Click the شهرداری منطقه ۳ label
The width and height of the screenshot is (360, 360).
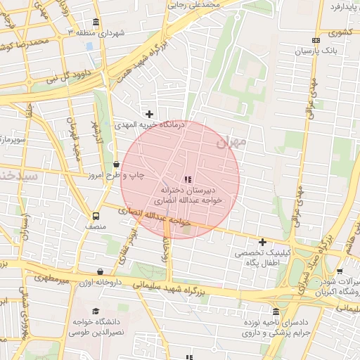(100, 32)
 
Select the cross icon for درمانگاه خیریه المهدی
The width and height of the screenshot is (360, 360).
(149, 114)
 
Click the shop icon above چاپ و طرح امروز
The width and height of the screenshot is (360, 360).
(115, 165)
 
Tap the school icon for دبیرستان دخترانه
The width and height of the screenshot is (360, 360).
(187, 179)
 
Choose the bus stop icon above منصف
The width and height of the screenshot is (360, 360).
(95, 216)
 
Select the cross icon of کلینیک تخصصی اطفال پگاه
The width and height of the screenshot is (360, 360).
(262, 242)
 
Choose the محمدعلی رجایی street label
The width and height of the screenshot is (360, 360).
(194, 4)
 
